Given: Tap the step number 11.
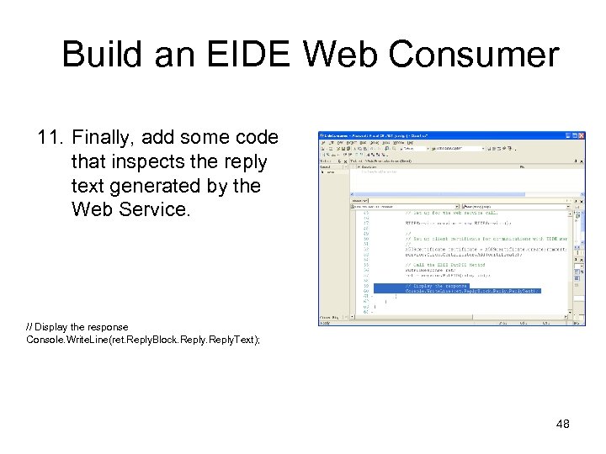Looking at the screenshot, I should (x=51, y=137).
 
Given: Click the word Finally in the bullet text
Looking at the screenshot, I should (x=103, y=137).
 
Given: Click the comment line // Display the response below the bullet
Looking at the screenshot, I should (x=77, y=327).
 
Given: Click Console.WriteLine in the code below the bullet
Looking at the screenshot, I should (x=63, y=339).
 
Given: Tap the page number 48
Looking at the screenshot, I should (x=563, y=424).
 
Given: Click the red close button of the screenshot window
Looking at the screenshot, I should (x=581, y=135).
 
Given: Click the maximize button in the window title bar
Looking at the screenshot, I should (x=574, y=135).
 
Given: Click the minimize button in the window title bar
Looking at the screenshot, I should (x=567, y=135).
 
